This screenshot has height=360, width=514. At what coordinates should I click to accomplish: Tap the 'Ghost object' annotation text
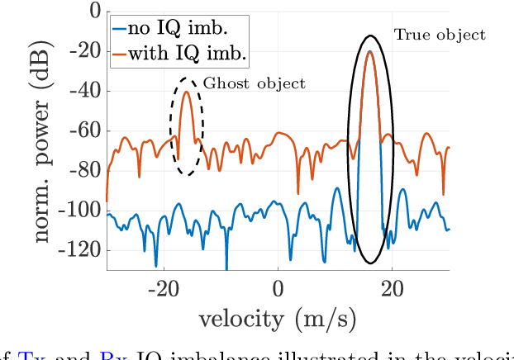point(255,83)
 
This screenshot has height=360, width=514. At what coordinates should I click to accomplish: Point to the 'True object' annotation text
point(440,35)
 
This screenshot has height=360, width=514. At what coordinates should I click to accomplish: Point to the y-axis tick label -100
point(77,210)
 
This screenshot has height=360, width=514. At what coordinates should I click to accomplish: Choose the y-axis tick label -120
point(77,249)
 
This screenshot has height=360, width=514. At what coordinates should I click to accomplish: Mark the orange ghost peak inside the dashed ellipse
point(187,92)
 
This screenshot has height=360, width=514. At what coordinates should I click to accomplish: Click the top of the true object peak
point(369,52)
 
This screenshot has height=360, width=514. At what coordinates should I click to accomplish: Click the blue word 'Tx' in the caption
point(27,355)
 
